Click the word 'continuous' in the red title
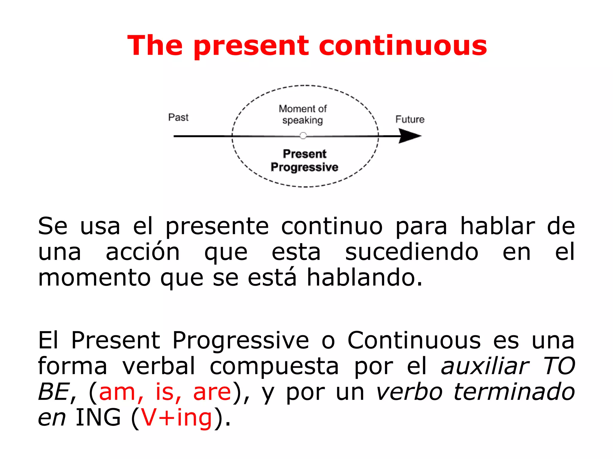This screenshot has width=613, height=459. click(x=403, y=46)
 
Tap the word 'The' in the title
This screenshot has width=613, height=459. click(x=155, y=46)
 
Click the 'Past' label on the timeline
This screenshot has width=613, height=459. click(x=178, y=117)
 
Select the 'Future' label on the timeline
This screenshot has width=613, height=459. click(x=410, y=120)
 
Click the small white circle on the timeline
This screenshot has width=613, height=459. click(x=303, y=136)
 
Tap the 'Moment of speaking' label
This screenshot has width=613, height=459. click(x=303, y=114)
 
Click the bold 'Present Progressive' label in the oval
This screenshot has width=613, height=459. click(x=304, y=160)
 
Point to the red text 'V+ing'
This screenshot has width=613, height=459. click(x=176, y=417)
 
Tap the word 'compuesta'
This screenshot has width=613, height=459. click(x=274, y=366)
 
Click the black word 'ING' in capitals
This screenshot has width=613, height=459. click(x=98, y=417)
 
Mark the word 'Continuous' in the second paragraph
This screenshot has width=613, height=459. click(x=414, y=340)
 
